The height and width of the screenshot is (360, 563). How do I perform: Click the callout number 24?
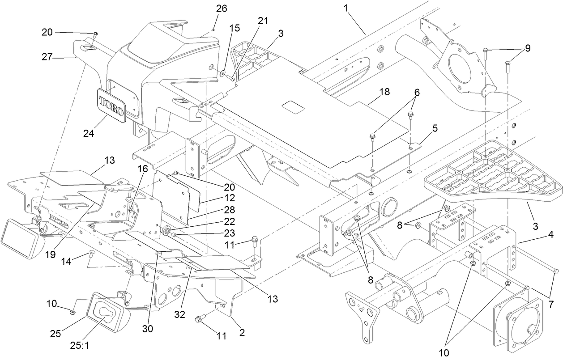(x=89, y=133)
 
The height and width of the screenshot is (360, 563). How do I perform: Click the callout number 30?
(x=148, y=328)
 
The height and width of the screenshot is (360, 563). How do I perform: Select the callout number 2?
(x=242, y=332)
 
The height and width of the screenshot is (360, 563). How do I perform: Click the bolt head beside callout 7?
(x=555, y=271)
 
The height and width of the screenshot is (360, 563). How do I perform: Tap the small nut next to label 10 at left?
(x=72, y=311)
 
